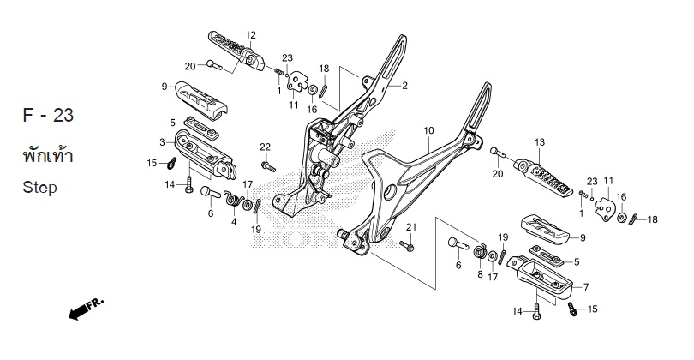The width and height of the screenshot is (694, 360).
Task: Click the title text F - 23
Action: pos(47,116)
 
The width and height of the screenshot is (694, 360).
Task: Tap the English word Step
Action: pos(40,188)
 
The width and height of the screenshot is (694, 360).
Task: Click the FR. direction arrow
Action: pos(85,307)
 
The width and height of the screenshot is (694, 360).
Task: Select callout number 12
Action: pos(251,35)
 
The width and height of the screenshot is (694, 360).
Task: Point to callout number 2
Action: pos(404,86)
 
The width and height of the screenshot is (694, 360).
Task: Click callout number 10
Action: pos(428,131)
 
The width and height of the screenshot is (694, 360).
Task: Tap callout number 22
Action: pos(266,147)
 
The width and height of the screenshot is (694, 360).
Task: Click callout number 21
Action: pos(410,227)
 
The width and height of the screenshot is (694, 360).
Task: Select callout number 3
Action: pos(161,141)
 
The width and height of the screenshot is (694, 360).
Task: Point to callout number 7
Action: pos(586,286)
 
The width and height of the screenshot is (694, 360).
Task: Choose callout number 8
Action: pos(479,274)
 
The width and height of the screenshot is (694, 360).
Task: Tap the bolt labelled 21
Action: pos(407,246)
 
